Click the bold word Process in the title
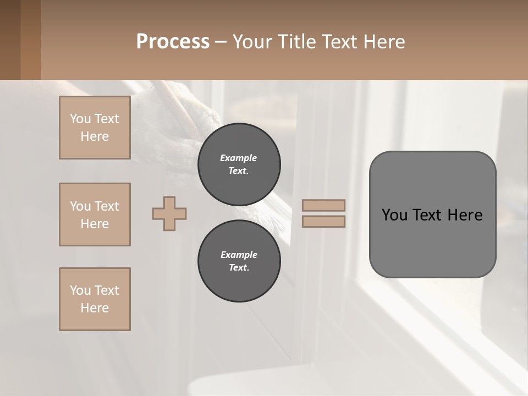point(173,42)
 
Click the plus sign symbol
point(169,213)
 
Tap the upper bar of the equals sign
point(324,205)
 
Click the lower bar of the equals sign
point(324,221)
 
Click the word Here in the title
point(383,42)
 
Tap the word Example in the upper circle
point(239,158)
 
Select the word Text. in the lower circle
point(239,268)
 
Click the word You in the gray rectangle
point(394,215)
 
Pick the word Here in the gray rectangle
point(465,215)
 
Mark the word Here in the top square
point(95,136)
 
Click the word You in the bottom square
point(80,290)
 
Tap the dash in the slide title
point(221,42)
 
